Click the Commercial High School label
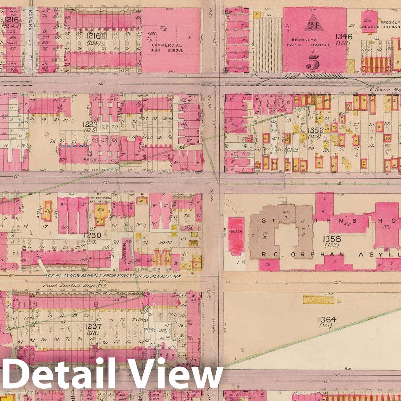[x=167, y=48]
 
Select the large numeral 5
[x=314, y=61]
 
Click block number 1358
[x=332, y=238]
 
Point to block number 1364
[x=327, y=319]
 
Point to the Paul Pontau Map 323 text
[x=75, y=285]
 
